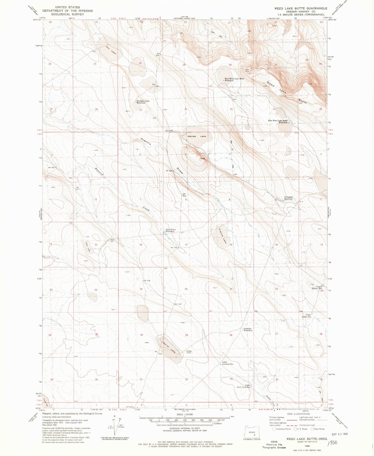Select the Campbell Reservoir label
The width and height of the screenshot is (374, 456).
[x=289, y=198]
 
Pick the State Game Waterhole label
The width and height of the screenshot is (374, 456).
[x=171, y=230]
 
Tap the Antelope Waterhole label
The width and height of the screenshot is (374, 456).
[x=248, y=330]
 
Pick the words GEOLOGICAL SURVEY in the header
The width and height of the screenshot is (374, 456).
[x=64, y=14]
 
